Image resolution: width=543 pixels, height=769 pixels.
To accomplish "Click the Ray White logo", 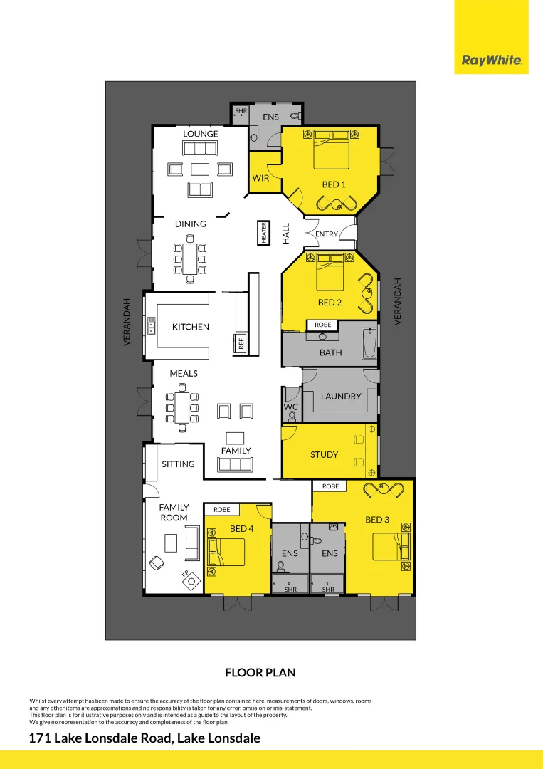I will (492, 61).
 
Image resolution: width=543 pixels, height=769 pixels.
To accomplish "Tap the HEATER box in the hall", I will (264, 233).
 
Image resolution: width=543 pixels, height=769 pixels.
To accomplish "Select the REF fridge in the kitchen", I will (241, 342).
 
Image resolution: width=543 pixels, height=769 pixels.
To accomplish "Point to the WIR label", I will (261, 178).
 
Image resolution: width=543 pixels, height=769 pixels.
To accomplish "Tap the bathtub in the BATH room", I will (369, 344).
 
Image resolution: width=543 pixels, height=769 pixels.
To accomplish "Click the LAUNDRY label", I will (341, 396).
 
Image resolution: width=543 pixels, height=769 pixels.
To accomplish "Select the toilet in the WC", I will (292, 414).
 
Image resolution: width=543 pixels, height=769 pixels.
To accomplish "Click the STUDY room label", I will (324, 454).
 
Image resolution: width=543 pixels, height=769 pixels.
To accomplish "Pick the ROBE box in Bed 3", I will (330, 486).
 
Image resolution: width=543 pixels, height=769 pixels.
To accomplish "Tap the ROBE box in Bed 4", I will (221, 510).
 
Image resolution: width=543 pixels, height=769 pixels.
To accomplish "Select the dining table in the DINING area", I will (190, 258).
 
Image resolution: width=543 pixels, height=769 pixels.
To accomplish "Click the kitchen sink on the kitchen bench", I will (151, 325).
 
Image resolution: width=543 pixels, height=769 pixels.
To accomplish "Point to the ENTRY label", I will (327, 234).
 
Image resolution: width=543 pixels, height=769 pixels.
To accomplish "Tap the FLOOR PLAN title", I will (260, 672).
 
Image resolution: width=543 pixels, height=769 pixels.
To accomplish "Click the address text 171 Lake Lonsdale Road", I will (144, 738).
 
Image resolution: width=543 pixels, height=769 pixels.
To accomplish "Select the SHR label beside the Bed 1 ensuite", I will (241, 111).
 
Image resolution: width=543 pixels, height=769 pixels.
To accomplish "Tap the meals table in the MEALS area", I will (182, 408).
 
